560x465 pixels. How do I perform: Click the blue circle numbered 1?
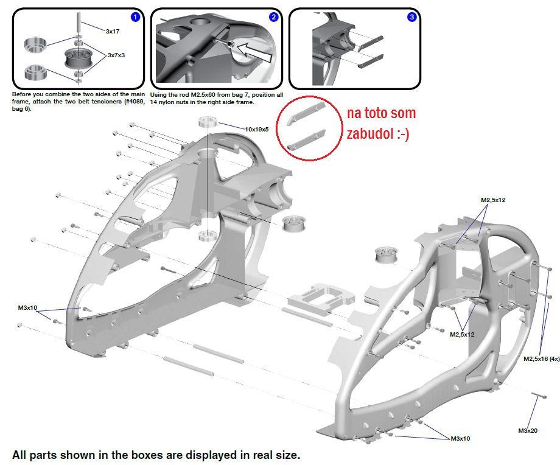pyautogui.click(x=135, y=17)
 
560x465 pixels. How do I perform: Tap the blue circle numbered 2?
pyautogui.click(x=273, y=17)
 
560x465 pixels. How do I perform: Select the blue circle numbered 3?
pyautogui.click(x=411, y=17)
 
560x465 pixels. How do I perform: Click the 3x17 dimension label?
pyautogui.click(x=113, y=32)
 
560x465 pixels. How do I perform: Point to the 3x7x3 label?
pyautogui.click(x=116, y=55)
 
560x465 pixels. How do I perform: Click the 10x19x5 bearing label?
pyautogui.click(x=256, y=129)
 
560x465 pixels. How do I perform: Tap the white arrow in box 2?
pyautogui.click(x=254, y=52)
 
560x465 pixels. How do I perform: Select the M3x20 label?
pyautogui.click(x=528, y=431)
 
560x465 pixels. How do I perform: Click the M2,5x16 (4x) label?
pyautogui.click(x=541, y=358)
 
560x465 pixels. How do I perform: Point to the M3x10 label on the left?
pyautogui.click(x=27, y=307)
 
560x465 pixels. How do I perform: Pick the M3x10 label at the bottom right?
pyautogui.click(x=460, y=438)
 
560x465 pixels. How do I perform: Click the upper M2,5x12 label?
pyautogui.click(x=493, y=200)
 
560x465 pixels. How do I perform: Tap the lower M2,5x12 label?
pyautogui.click(x=462, y=334)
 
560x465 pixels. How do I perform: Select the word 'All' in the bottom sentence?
pyautogui.click(x=19, y=455)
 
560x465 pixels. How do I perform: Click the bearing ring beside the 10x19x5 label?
pyautogui.click(x=208, y=122)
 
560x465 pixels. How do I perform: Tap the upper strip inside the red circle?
pyautogui.click(x=306, y=114)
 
